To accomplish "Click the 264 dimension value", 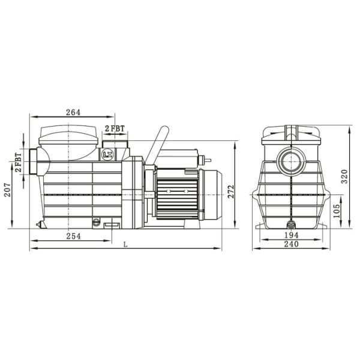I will [x=73, y=112].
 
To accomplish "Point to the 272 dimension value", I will [x=231, y=191].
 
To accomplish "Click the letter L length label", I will [x=125, y=244].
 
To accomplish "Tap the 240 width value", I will [x=292, y=245].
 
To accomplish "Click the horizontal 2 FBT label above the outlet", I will [x=114, y=128].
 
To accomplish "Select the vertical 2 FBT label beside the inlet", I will [x=19, y=163].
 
